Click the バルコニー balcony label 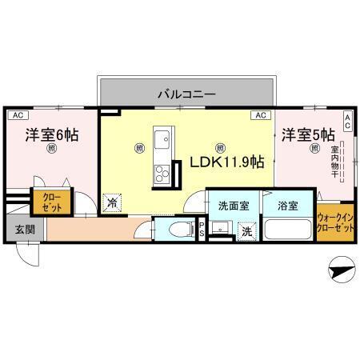[x=186, y=94]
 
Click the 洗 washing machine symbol [x=248, y=230]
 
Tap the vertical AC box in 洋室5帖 [x=348, y=121]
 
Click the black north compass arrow [x=339, y=270]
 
